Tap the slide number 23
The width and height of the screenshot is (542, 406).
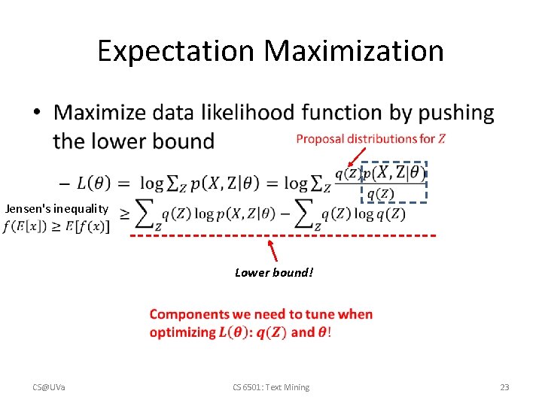[x=504, y=387]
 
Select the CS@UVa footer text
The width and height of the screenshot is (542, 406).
[x=48, y=387]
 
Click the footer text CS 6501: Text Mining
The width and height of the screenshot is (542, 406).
[x=270, y=387]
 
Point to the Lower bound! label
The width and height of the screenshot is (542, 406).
[x=273, y=273]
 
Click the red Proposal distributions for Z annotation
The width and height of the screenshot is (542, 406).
[x=370, y=139]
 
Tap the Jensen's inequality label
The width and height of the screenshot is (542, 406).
[x=56, y=208]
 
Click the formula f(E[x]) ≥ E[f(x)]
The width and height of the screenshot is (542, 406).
[x=56, y=226]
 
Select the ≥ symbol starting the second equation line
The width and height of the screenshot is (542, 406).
[x=124, y=214]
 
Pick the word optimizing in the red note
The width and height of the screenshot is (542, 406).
[x=182, y=332]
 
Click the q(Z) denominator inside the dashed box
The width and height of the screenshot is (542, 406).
[x=379, y=193]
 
